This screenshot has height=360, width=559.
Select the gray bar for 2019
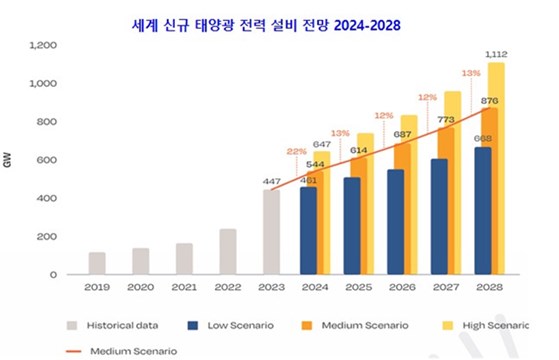[x=97, y=263]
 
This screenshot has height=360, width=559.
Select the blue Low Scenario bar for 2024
[x=308, y=231]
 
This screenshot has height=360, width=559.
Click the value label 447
[x=272, y=181]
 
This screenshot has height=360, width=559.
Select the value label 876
[x=489, y=100]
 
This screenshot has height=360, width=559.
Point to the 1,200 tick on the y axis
[x=44, y=46]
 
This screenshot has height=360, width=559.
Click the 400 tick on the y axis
[x=47, y=198]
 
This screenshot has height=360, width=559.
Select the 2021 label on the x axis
[x=184, y=289]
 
